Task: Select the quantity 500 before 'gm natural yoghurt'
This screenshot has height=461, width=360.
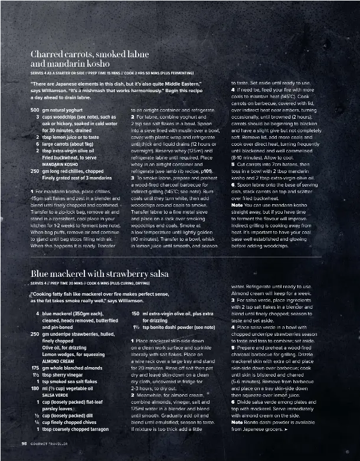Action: pos(35,110)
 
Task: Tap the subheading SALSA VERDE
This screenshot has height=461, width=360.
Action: pos(55,394)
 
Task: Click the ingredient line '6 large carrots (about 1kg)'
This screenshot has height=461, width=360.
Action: pos(65,143)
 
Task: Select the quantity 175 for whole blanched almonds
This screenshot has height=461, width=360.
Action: pos(35,367)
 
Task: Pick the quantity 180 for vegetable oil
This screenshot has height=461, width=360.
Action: pos(35,388)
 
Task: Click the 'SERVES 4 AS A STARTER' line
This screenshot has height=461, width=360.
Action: pos(112,72)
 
